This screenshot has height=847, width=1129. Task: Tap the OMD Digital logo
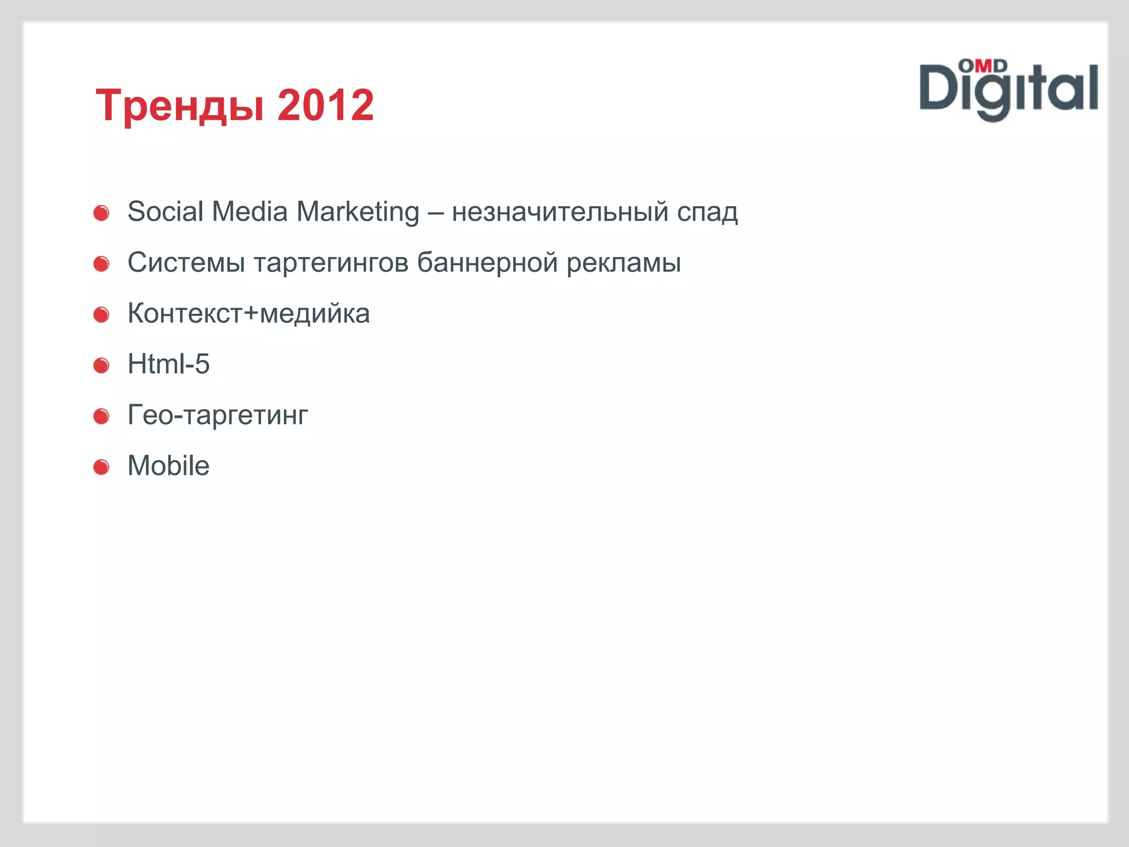(1008, 89)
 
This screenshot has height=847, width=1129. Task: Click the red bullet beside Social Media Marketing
(101, 213)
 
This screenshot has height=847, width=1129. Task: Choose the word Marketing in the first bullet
(358, 212)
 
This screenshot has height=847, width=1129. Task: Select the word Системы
(186, 262)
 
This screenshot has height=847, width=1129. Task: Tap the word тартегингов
(331, 263)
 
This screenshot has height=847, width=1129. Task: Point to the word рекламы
(623, 263)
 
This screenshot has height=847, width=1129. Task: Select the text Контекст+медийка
(249, 314)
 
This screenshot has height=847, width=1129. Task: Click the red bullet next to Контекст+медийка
(101, 315)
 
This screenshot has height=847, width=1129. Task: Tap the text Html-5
(169, 364)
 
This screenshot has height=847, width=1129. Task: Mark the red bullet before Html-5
(101, 366)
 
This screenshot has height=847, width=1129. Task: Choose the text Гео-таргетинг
(218, 415)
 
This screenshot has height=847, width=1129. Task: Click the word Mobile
(169, 465)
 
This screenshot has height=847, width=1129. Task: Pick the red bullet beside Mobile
(101, 467)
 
